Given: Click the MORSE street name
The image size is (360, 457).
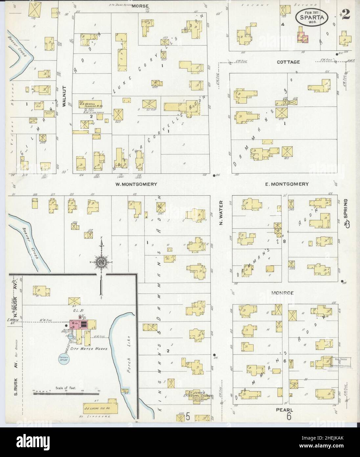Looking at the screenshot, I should click(x=141, y=6).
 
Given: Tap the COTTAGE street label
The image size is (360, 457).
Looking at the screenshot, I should click(x=283, y=62).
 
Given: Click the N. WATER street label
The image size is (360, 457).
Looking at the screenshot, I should click(x=221, y=213).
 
